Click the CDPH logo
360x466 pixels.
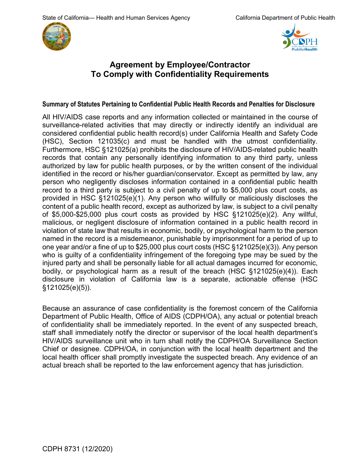coord(299,37)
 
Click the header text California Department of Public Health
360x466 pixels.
coord(285,18)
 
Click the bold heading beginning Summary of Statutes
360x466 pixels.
coord(178,104)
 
